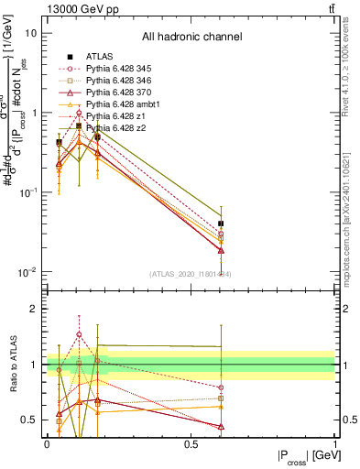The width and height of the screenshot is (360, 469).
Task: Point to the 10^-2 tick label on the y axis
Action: coord(27,272)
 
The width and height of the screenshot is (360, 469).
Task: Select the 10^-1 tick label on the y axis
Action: coord(27,192)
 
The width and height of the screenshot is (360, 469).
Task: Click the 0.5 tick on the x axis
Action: coord(191,443)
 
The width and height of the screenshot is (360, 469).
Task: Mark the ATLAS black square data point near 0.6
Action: coord(221,224)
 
